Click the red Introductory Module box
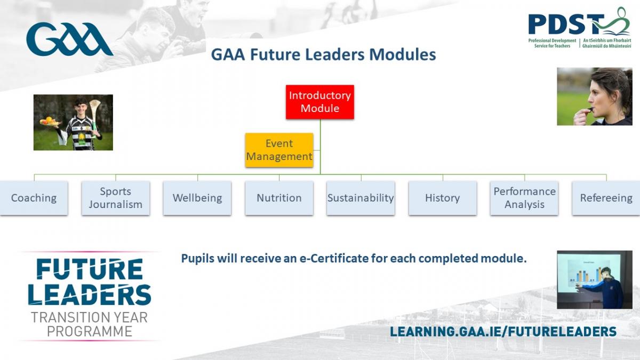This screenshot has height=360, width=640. [x=320, y=102]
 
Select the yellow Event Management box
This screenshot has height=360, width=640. [x=279, y=150]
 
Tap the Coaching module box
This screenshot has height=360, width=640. [x=34, y=198]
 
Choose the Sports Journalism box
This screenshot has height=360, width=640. [x=115, y=198]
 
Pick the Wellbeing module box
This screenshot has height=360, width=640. [x=197, y=198]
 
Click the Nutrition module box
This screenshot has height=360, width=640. [x=279, y=198]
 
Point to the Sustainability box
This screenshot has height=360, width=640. [x=361, y=198]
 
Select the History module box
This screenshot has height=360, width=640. [x=443, y=198]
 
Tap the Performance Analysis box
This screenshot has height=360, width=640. [x=524, y=198]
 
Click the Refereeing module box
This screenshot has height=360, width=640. [x=606, y=198]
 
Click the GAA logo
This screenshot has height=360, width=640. [x=69, y=39]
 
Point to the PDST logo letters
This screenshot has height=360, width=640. [x=566, y=25]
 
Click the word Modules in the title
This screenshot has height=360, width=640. [x=402, y=54]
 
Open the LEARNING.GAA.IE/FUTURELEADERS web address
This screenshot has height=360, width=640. [x=503, y=332]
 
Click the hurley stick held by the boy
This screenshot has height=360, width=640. [x=94, y=117]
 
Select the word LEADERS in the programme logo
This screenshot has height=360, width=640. [x=90, y=294]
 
